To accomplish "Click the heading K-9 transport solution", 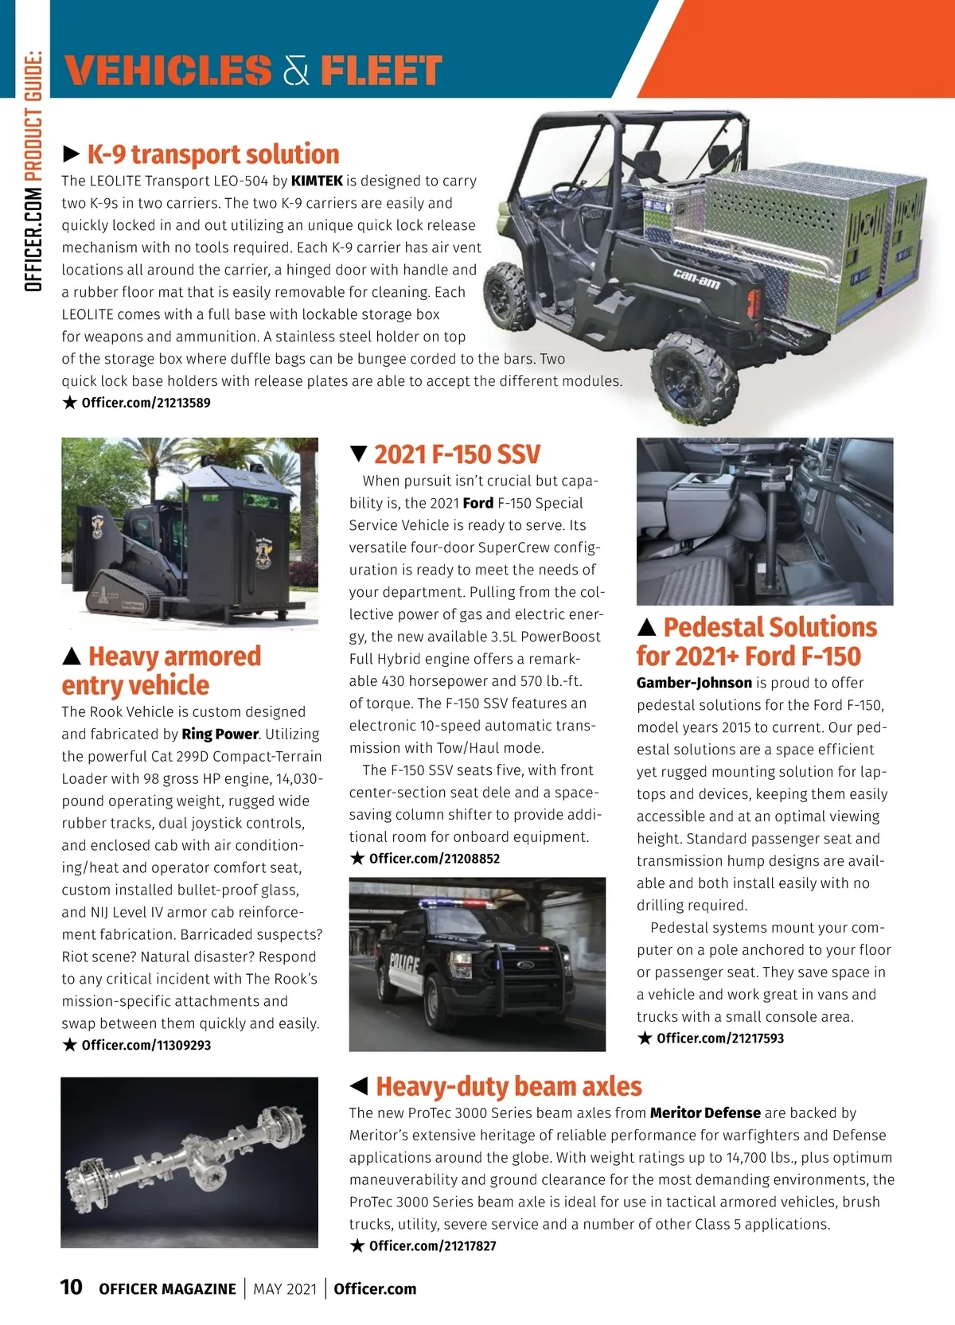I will pos(212,154).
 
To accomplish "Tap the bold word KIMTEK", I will pos(317,181).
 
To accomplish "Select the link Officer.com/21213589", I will pos(146,403).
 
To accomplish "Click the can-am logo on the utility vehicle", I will pos(696,279).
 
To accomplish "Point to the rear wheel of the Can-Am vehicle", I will pos(692,377).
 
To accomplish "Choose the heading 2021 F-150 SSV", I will pos(457,454).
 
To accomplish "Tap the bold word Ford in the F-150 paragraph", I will pos(477,503).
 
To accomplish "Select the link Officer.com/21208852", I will pos(434,859).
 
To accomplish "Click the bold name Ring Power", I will pos(220,734).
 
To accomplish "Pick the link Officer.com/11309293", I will pos(146,1045).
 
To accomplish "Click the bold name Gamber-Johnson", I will pos(694,683).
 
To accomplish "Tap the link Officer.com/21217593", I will pos(720,1039).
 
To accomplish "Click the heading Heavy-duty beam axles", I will pos(509,1086).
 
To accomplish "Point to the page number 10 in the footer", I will pos(71,1287).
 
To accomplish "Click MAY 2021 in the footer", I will pos(285,1289).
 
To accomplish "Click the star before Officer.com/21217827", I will pos(357,1245).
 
